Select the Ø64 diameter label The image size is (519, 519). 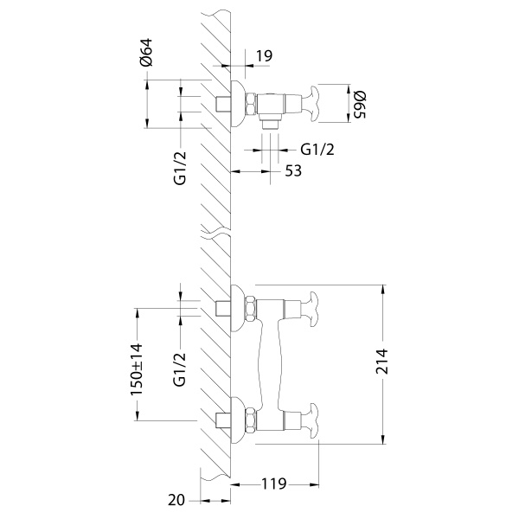(146, 56)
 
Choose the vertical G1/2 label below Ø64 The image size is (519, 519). (180, 168)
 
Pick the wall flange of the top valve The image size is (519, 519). (236, 105)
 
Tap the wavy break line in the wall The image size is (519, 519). (216, 232)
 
